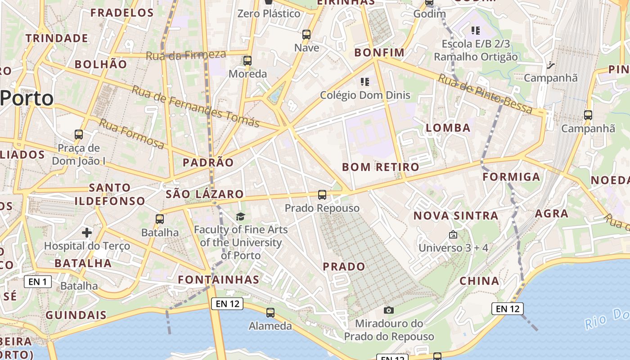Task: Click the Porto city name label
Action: tap(27, 98)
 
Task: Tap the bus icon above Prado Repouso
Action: tap(322, 195)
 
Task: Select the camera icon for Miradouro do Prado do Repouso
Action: tap(389, 310)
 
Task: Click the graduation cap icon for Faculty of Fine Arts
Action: tap(241, 216)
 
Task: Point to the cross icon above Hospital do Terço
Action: tap(87, 233)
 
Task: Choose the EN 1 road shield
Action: tap(38, 282)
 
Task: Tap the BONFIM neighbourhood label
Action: tap(379, 53)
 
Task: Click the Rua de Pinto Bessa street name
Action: tap(485, 94)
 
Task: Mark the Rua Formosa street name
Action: tap(131, 134)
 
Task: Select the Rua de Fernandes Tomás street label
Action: tap(196, 106)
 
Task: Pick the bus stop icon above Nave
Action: tap(306, 35)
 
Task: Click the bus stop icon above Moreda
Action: tap(247, 61)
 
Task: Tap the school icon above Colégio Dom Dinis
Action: tap(365, 82)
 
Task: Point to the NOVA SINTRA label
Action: tap(456, 216)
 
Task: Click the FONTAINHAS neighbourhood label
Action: tap(219, 279)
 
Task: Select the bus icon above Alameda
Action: tap(270, 312)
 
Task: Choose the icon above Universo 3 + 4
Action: tap(453, 234)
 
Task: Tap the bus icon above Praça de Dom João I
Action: tap(79, 134)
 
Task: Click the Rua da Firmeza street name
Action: tap(186, 55)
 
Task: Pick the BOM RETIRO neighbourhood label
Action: tap(381, 167)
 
